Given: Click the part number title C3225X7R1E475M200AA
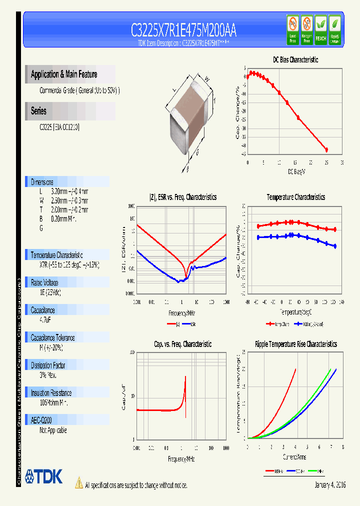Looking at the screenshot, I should (x=183, y=31).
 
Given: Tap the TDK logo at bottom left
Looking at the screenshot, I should (x=44, y=476).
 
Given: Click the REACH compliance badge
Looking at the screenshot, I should (x=320, y=30).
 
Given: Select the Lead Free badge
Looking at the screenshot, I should (x=292, y=30).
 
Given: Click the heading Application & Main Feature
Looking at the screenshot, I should (x=64, y=74).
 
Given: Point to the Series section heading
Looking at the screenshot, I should (x=38, y=111).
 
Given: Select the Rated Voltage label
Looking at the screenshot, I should (x=44, y=282).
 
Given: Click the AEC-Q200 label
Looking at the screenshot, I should (x=42, y=420).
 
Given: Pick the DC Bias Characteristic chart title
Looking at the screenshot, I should (x=295, y=59).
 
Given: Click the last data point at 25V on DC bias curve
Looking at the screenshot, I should (x=326, y=149).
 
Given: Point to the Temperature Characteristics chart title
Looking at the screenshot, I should (x=295, y=197).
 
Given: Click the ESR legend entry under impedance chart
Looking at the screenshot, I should (x=189, y=324).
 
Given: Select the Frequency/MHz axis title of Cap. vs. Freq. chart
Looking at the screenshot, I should (x=181, y=458).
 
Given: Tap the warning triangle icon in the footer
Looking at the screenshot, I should (x=78, y=482).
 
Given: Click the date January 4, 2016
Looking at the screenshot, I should (x=330, y=485).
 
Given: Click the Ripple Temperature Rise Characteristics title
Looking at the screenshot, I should (x=295, y=344).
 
